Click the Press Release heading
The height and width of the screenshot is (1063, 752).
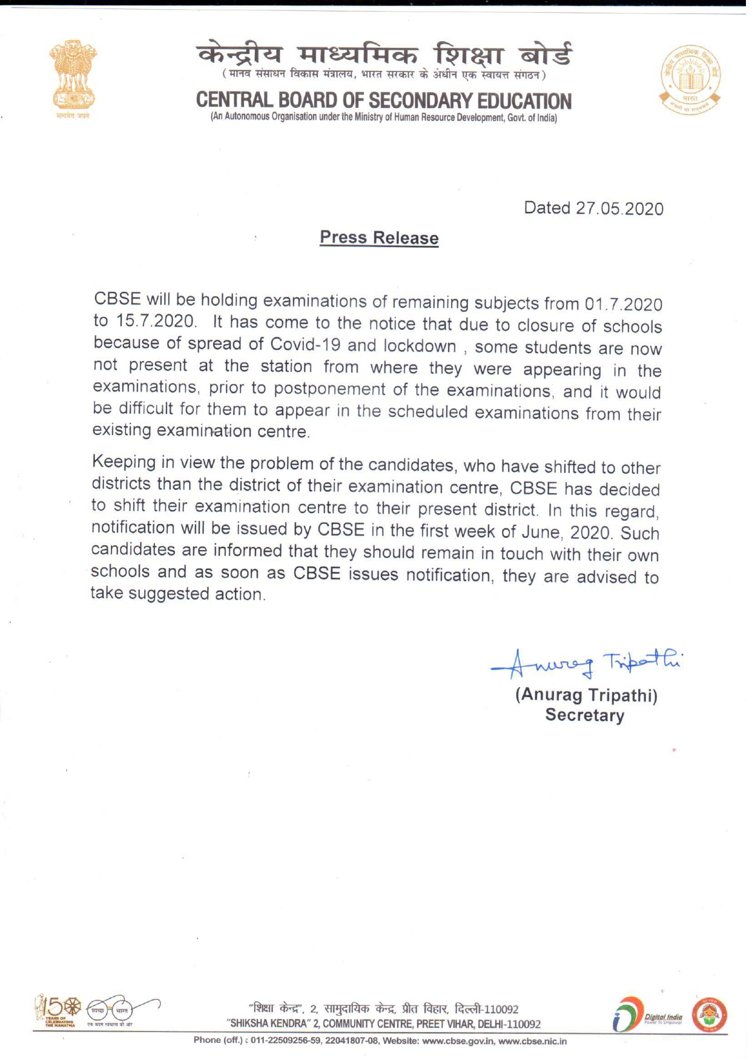(379, 237)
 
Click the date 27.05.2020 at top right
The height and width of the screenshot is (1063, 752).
(619, 209)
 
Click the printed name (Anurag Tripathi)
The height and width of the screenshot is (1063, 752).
(586, 695)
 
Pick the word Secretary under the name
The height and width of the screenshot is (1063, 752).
(584, 715)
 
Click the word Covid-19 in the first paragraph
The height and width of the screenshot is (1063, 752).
(306, 345)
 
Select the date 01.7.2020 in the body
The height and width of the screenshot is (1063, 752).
(623, 303)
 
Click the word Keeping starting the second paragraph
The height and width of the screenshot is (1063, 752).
(124, 462)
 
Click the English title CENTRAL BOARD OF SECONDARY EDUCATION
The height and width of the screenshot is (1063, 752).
(383, 101)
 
